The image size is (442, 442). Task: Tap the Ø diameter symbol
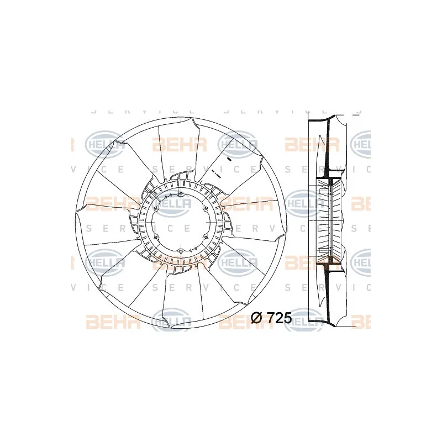coord(257,318)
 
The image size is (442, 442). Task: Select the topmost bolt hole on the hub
coord(181,194)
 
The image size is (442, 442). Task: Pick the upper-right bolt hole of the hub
coord(206,208)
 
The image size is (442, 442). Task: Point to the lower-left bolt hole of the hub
coord(156,238)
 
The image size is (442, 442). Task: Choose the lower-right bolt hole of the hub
coord(206,238)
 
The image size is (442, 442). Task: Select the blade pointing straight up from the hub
coord(178,149)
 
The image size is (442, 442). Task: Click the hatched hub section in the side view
coord(330,221)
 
